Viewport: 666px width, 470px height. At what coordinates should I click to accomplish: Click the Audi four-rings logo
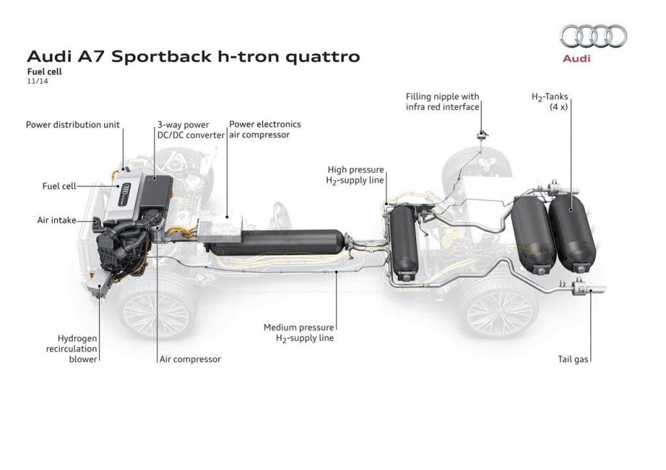point(594,36)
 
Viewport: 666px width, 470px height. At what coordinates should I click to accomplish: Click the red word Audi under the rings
point(576,59)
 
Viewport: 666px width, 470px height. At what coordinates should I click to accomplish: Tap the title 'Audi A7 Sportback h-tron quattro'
point(193,56)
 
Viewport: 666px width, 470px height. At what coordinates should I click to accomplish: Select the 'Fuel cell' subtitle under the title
point(44,72)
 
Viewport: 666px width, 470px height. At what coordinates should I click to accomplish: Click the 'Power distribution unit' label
point(73,125)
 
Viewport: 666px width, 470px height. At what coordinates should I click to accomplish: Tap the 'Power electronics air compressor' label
point(265,129)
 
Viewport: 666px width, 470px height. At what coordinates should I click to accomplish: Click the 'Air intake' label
point(56,220)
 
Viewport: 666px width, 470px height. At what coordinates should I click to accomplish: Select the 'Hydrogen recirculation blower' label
point(77,348)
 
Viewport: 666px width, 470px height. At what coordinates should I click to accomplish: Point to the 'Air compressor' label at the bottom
point(190,359)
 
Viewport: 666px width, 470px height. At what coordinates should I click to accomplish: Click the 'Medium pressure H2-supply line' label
point(299,332)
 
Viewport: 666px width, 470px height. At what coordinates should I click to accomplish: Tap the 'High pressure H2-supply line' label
point(355,175)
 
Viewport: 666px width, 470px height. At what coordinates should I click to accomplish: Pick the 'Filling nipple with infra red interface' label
point(442,101)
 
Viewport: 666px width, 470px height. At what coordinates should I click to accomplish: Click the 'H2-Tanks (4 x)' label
point(550,101)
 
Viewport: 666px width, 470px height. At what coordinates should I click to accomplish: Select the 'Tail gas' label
point(574,359)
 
